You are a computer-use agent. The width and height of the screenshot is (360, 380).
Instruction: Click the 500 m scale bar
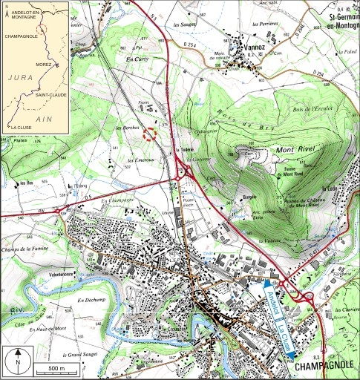[x=47, y=369]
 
